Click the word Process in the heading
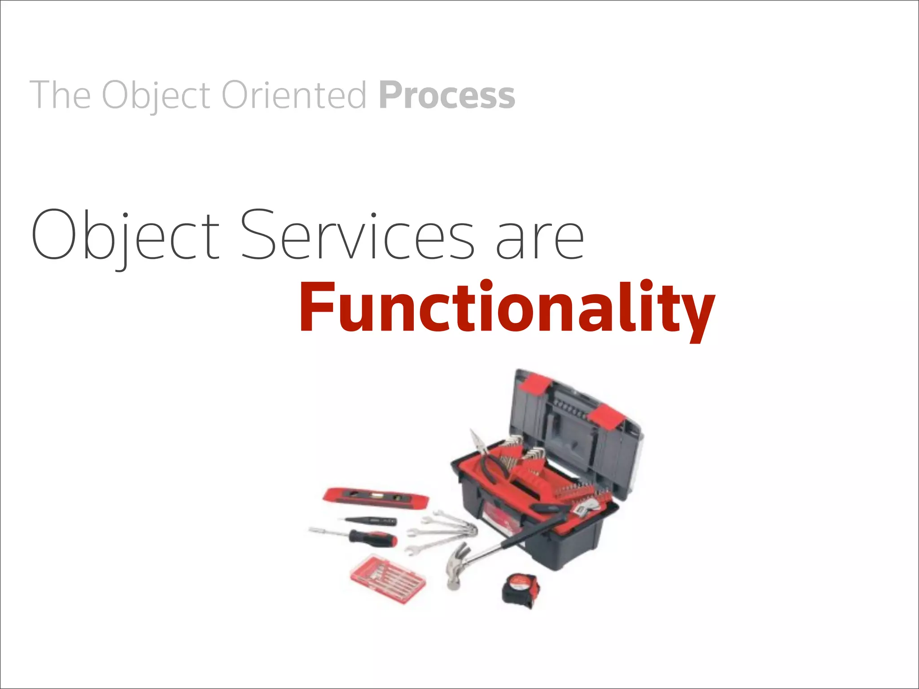446,96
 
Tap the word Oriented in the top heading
294,96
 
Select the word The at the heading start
60,96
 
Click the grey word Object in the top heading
156,96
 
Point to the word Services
358,235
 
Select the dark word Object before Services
125,235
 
